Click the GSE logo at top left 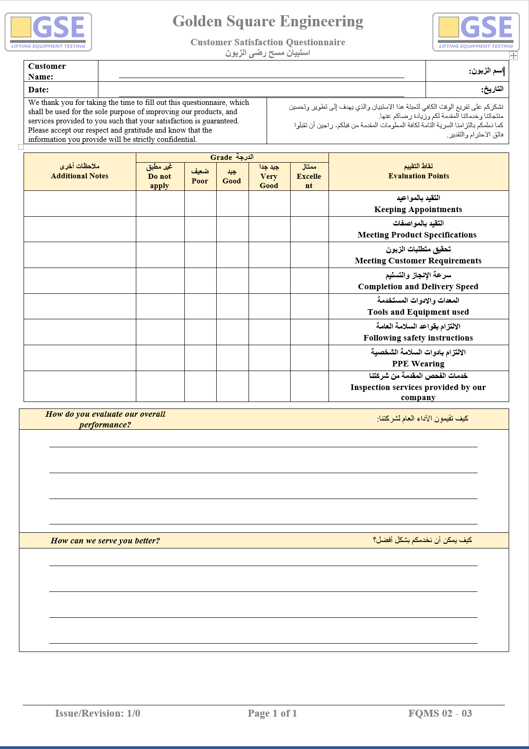48,31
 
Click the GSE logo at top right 476,31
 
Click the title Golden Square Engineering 268,21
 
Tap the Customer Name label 47,71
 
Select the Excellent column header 309,177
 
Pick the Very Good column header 269,177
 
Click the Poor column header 200,177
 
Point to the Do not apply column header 159,177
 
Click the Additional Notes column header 79,171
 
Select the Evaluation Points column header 419,171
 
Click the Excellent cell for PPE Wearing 309,358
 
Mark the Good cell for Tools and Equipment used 232,306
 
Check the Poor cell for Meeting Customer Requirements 200,255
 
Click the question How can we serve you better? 105,541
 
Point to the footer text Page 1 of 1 272,713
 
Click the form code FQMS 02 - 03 440,713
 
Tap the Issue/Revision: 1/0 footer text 97,713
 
